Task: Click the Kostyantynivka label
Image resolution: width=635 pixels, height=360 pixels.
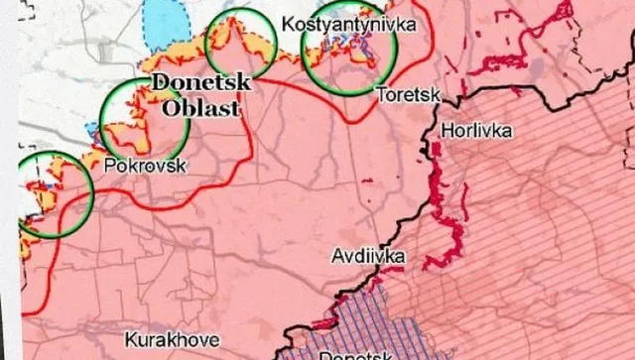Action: point(348,23)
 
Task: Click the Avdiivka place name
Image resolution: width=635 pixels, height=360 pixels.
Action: point(367,257)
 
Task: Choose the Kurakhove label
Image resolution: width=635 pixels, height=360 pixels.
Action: point(167,337)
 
